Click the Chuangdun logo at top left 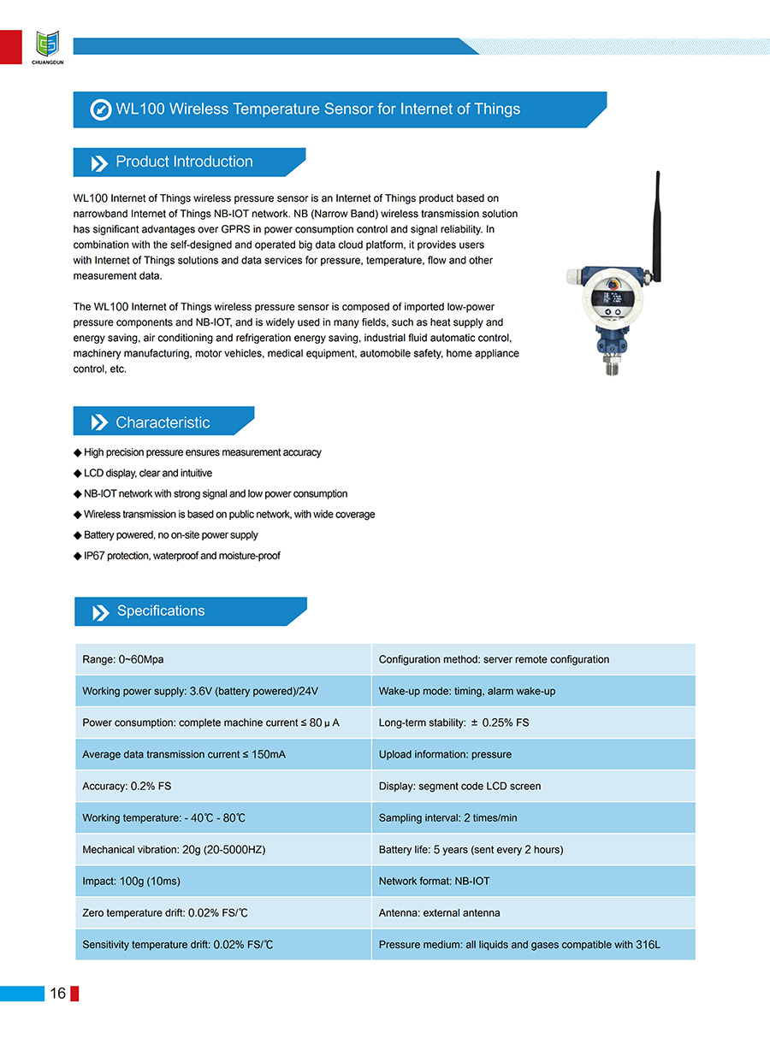point(48,45)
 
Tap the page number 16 point(58,993)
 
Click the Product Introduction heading point(184,162)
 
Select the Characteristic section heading point(163,422)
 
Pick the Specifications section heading point(161,610)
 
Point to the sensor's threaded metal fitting point(610,369)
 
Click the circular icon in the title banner point(101,109)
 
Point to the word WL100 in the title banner point(139,109)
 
